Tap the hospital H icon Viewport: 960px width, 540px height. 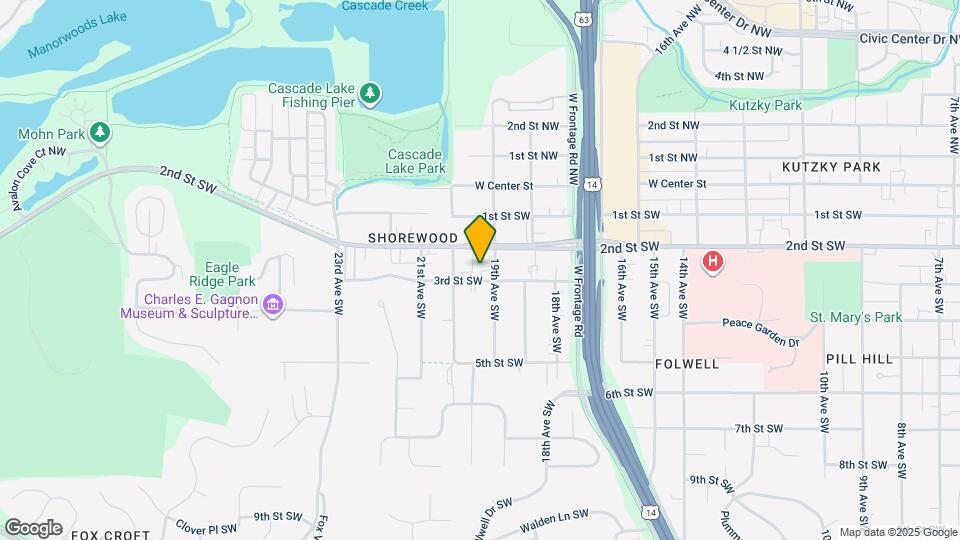pos(712,262)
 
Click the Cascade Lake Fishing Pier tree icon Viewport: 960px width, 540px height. pos(371,94)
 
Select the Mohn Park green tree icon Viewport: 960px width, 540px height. pos(99,132)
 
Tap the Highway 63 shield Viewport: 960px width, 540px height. pos(583,18)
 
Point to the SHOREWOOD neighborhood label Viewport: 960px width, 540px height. pos(412,239)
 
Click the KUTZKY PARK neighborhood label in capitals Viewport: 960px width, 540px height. pos(831,167)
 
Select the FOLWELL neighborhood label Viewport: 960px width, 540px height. pos(687,364)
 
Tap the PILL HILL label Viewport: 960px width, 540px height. pos(858,358)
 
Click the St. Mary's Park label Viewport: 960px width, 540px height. pos(855,318)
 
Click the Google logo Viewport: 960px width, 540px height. pos(32,527)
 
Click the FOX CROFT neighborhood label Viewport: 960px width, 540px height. pos(110,534)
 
